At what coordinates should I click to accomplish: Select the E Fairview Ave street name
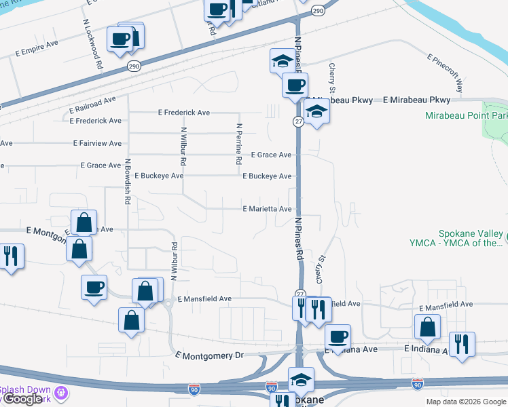pos(97,143)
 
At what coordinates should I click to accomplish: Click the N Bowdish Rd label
pos(127,182)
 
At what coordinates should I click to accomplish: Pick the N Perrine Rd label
pos(239,144)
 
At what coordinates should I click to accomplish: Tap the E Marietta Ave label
pos(267,209)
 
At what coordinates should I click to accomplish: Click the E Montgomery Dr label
pos(208,355)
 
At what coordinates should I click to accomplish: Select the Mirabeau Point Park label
pos(466,115)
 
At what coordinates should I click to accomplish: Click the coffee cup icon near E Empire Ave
pos(120,39)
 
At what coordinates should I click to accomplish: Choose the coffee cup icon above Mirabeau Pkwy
pos(295,85)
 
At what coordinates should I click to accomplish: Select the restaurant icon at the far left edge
pos(11,256)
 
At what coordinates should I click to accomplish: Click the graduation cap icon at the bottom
pos(301,381)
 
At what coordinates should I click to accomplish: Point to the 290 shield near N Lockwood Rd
pos(134,65)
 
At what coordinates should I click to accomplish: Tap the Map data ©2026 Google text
pos(465,402)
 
